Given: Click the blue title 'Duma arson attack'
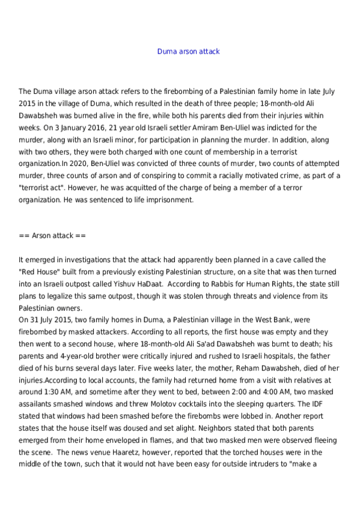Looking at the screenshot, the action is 188,51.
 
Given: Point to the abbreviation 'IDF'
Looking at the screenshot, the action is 337,405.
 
